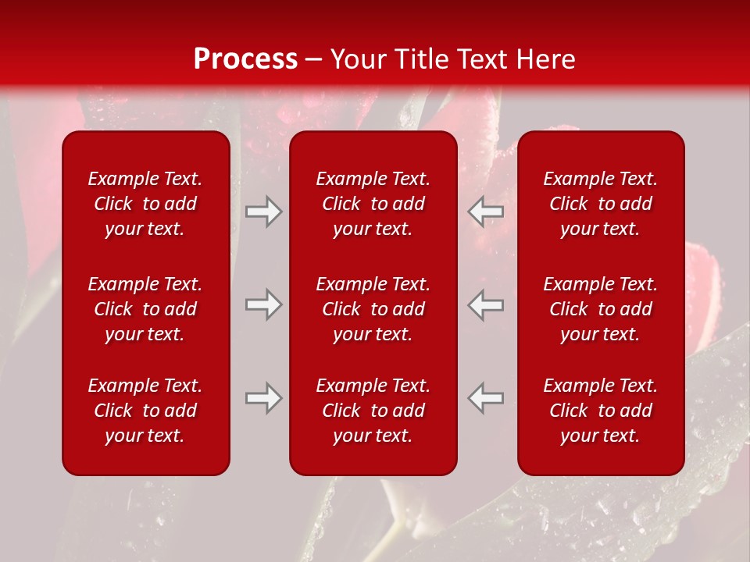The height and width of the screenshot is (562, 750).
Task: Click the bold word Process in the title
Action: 245,59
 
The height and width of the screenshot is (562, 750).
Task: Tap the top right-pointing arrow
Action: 263,212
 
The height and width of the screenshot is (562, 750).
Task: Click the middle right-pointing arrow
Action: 263,304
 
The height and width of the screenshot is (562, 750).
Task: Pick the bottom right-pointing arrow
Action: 263,397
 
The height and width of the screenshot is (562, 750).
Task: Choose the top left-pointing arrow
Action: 486,212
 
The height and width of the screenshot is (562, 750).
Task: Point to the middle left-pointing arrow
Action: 486,304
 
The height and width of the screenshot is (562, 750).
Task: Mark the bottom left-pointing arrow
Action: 486,397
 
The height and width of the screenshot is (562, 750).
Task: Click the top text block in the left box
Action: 145,204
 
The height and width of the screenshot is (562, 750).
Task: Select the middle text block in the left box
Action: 145,309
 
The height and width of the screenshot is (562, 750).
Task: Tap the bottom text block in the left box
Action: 145,411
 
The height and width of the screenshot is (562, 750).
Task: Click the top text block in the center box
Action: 373,204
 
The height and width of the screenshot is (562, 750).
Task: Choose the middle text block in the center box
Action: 373,309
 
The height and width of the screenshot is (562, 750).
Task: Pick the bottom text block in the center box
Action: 373,411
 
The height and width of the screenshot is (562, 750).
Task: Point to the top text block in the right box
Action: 601,204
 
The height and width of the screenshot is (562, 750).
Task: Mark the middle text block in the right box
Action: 601,309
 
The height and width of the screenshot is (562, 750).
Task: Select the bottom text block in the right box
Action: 601,411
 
